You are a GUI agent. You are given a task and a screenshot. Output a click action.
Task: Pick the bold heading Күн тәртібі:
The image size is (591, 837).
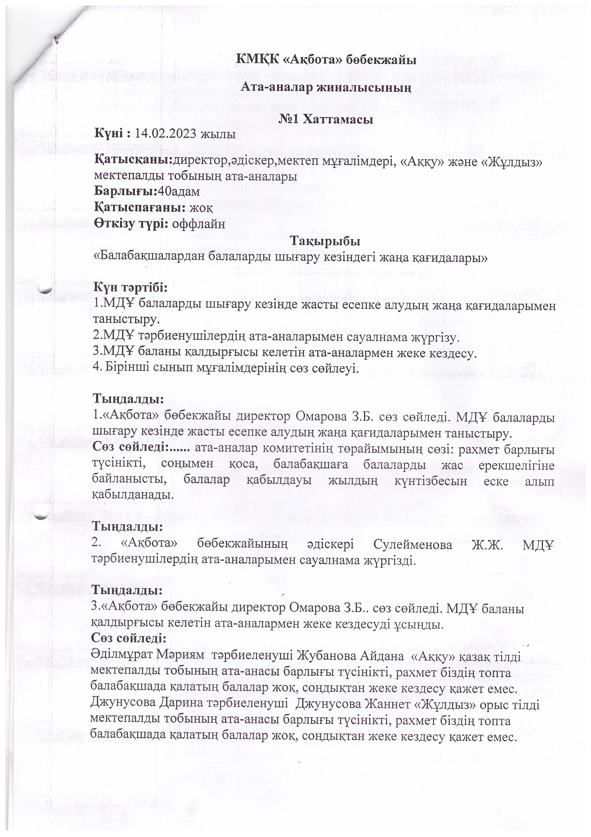tap(130, 287)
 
